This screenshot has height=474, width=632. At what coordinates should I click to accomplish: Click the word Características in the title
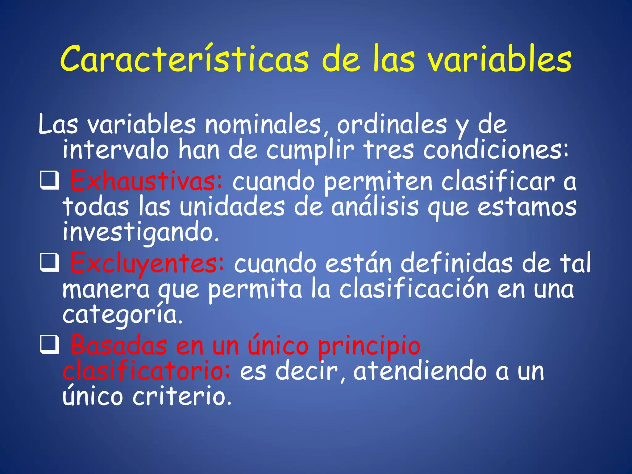point(184,59)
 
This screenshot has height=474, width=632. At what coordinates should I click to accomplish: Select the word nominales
point(263,125)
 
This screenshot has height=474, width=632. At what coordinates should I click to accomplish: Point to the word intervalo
point(116,150)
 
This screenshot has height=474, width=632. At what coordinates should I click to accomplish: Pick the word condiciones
point(495,150)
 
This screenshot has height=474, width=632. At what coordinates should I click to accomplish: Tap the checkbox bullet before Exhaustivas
point(49,181)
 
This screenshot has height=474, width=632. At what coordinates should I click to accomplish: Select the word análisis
point(375,207)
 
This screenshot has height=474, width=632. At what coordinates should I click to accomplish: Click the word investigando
point(140,232)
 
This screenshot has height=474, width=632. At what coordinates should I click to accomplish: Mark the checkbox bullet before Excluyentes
point(49,263)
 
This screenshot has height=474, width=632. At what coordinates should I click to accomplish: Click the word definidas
point(456,263)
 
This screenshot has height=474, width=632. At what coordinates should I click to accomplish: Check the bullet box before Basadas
point(49,345)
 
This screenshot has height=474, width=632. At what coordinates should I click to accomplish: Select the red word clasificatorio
point(146,371)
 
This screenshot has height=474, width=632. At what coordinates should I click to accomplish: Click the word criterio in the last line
point(182,396)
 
